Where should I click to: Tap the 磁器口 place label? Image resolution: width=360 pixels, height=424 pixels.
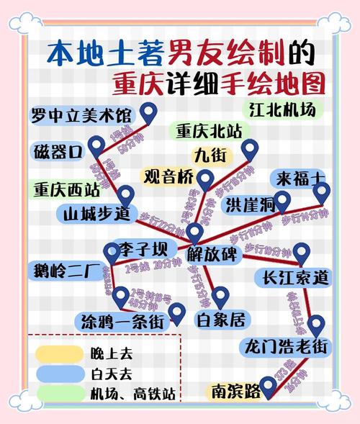(59, 152)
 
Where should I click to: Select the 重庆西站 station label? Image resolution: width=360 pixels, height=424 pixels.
(66, 191)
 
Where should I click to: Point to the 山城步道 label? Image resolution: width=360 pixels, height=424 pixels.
(95, 214)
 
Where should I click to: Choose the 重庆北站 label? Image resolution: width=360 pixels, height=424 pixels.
(211, 131)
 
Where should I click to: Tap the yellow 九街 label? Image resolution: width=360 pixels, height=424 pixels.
(209, 155)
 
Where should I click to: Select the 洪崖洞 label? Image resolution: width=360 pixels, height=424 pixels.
(249, 205)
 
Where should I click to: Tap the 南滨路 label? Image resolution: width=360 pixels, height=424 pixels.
(236, 392)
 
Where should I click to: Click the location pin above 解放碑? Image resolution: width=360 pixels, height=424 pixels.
(195, 232)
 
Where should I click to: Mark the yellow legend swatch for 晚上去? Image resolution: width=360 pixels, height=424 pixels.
(58, 353)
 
